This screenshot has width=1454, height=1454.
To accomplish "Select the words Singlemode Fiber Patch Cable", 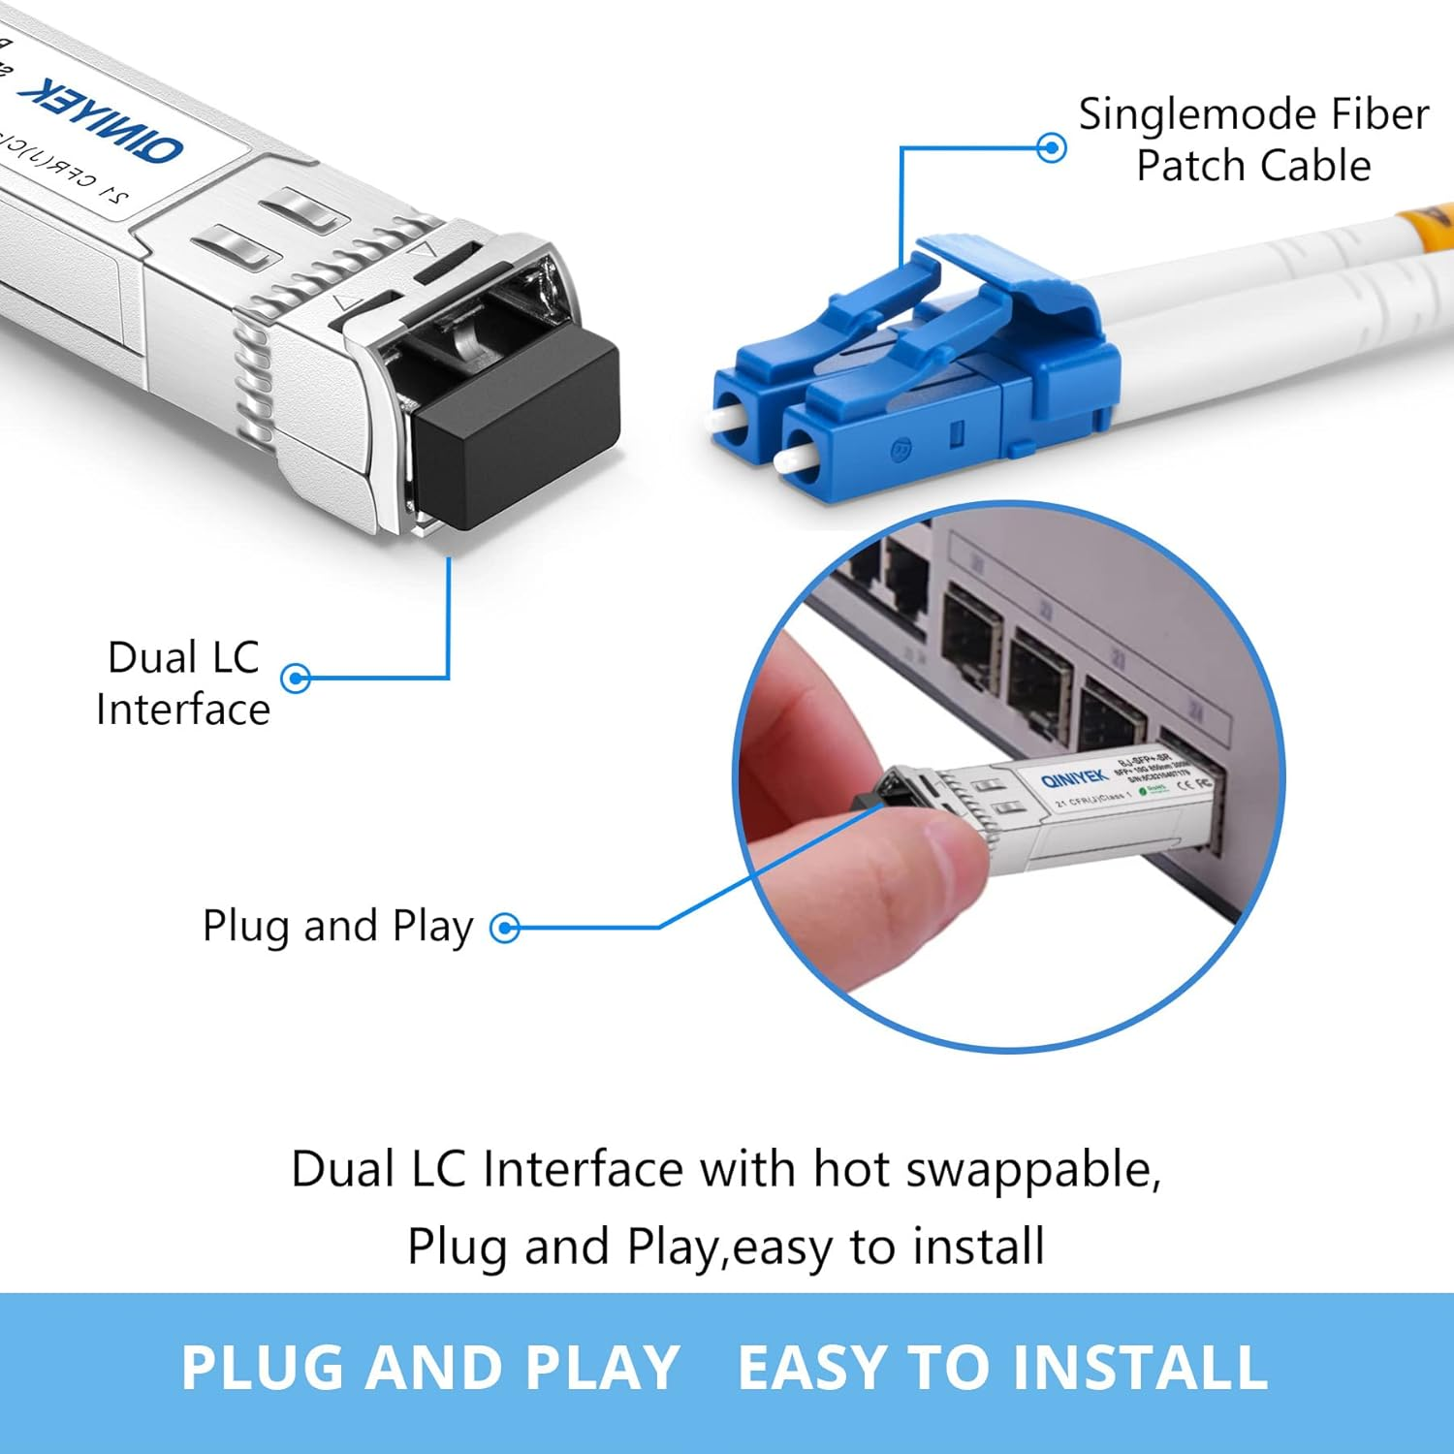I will pos(1253,140).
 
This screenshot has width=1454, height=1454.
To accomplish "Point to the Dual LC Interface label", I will pos(182,683).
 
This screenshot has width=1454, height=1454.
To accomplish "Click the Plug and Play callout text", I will pos(337,927).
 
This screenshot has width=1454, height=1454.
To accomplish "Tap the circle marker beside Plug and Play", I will pos(505,929).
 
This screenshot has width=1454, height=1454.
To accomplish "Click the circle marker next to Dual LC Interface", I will pos(296,678).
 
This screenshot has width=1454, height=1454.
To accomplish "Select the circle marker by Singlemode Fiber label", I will pos(1052,148).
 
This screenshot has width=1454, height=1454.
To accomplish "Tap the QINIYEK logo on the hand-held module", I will pos(1073,779).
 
